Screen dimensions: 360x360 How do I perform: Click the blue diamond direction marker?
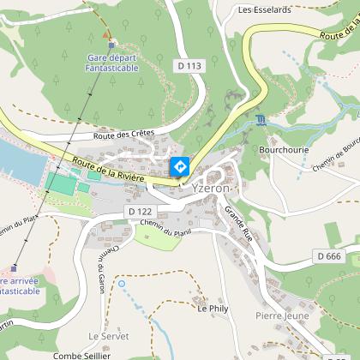pyautogui.click(x=180, y=167)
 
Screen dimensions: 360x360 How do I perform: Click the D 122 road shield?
pyautogui.click(x=139, y=210)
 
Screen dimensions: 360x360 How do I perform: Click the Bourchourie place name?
pyautogui.click(x=284, y=148)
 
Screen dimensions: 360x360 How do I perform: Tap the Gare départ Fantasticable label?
pyautogui.click(x=112, y=63)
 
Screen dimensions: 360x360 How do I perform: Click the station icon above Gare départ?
pyautogui.click(x=111, y=45)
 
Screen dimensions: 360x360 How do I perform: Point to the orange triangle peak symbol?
pyautogui.click(x=106, y=34)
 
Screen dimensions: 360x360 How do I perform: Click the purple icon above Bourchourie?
pyautogui.click(x=261, y=119)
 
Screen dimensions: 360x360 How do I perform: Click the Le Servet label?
pyautogui.click(x=106, y=335)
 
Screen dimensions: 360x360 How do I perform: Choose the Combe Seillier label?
pyautogui.click(x=82, y=355)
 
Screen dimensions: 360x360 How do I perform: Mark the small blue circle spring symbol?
pyautogui.click(x=121, y=283)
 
